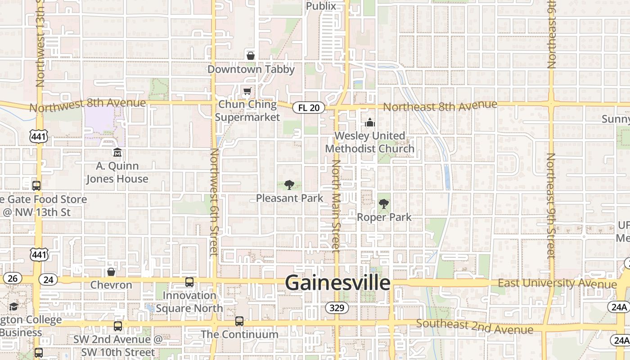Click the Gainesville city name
(337, 283)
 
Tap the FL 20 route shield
(309, 108)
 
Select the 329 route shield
(337, 308)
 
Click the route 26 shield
(12, 278)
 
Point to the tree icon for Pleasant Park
(289, 184)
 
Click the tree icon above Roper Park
(384, 204)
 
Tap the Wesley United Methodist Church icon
(369, 122)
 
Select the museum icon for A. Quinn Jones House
(117, 153)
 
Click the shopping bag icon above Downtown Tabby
(251, 56)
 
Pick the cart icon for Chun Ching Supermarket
(247, 92)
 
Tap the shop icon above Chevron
(111, 272)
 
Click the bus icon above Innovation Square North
(189, 282)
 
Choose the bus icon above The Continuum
(239, 321)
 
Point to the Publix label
(321, 6)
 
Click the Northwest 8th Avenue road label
(88, 105)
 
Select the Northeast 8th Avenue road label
(440, 106)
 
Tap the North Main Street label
(336, 205)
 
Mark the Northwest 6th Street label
(214, 202)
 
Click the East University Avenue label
(557, 283)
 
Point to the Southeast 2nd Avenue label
(475, 327)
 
